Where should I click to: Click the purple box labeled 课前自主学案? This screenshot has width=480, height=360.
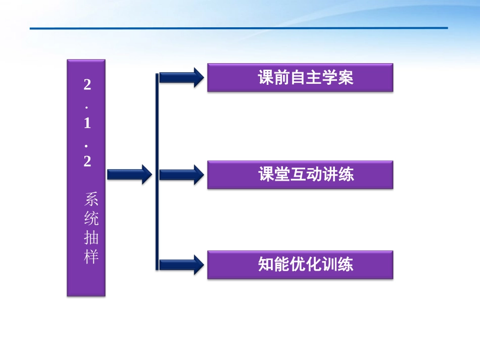click(300, 77)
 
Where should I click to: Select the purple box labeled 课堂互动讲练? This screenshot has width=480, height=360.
click(300, 175)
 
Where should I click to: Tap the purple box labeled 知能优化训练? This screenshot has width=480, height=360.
click(300, 265)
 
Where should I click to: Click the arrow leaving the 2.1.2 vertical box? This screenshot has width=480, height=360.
click(129, 174)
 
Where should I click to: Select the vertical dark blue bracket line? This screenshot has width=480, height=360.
click(157, 172)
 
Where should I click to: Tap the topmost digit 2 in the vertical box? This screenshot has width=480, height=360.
click(87, 85)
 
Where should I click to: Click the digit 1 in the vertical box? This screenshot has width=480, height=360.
click(87, 124)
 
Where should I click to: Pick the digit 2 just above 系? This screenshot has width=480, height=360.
click(87, 162)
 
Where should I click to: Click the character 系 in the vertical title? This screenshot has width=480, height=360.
click(91, 199)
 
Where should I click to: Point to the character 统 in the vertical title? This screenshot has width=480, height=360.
click(91, 219)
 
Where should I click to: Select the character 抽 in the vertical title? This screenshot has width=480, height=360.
click(91, 238)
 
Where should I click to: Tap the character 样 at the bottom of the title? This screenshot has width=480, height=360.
click(91, 258)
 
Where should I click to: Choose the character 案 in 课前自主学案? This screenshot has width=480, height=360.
click(346, 78)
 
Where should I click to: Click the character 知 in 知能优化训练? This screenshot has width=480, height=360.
click(266, 265)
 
